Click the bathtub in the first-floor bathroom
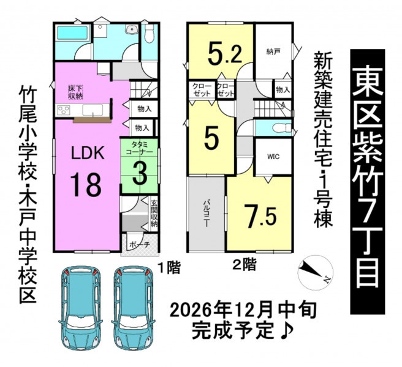point(73,33)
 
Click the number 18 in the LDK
point(86,184)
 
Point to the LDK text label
point(88,153)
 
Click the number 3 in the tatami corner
point(140,174)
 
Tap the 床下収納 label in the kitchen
point(75,92)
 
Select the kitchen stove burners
point(64,110)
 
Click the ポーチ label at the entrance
point(139,244)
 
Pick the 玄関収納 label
point(154,213)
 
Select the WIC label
point(273,157)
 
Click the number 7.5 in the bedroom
point(260,216)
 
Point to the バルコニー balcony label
point(206,213)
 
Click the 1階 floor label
point(169,268)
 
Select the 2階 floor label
point(244,265)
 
